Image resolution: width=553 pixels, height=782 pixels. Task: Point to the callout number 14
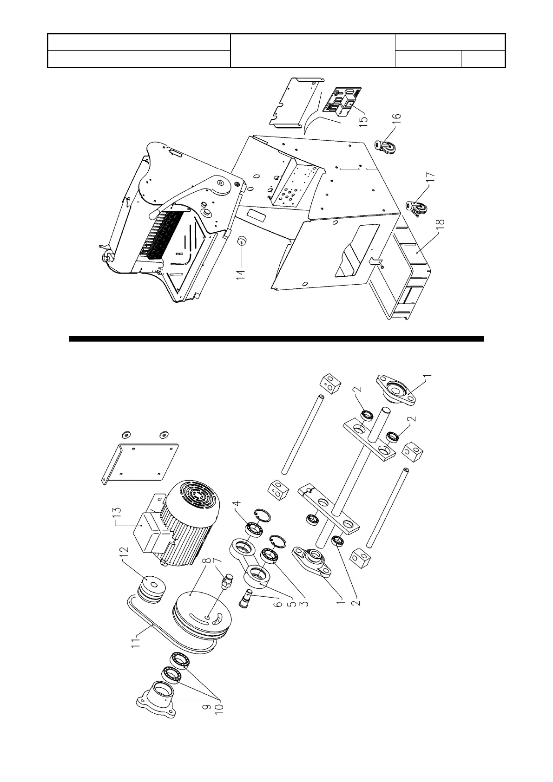click(240, 269)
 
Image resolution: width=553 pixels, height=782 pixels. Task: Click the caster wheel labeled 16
click(385, 146)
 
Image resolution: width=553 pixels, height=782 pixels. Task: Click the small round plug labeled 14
click(242, 241)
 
